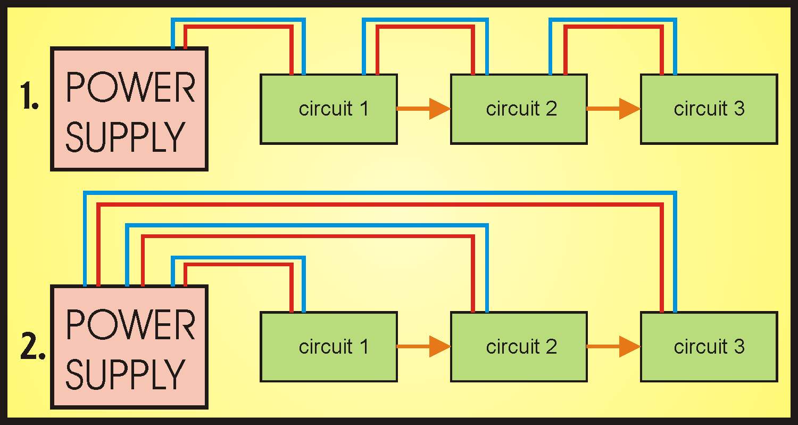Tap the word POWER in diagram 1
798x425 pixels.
click(130, 88)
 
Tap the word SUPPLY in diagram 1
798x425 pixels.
click(125, 137)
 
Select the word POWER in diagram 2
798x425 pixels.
click(130, 325)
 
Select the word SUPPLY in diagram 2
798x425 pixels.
click(125, 374)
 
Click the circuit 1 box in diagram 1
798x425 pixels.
click(329, 128)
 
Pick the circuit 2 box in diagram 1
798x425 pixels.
click(519, 128)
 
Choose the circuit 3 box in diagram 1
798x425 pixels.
click(709, 128)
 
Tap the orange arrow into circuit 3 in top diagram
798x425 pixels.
click(613, 109)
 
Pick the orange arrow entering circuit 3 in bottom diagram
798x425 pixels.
click(613, 347)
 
